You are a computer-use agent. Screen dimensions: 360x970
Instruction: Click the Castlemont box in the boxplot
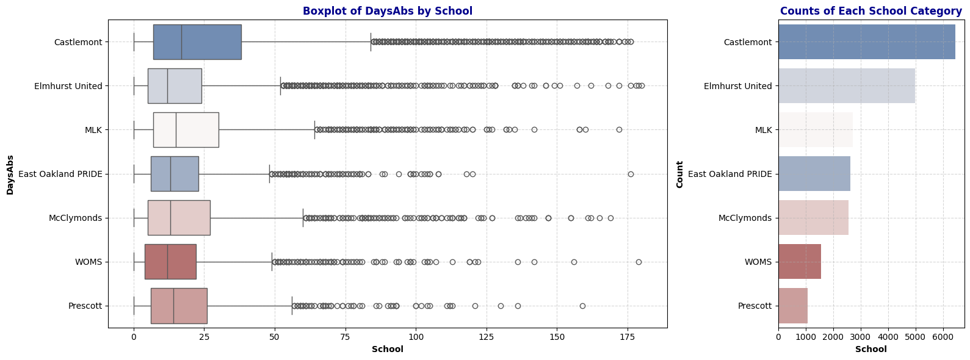coord(197,42)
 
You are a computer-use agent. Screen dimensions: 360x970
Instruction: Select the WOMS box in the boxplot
coord(170,262)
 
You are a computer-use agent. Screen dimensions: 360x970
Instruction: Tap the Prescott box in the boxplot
coord(179,306)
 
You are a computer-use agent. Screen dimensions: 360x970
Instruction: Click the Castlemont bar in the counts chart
coord(866,42)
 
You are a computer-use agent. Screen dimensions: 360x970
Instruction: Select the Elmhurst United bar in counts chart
coord(846,86)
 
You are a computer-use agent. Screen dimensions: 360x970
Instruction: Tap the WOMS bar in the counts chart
coord(800,262)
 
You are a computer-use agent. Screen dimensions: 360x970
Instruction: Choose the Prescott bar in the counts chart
coord(793,306)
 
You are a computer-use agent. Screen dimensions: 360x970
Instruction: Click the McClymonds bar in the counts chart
coord(813,218)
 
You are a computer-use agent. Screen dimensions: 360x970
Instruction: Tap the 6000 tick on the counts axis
coord(943,337)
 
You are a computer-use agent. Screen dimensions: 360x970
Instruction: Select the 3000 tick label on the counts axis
coord(861,337)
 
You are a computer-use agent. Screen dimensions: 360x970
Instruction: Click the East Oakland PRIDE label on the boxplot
coord(60,174)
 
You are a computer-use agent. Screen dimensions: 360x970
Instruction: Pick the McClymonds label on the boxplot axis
coord(75,218)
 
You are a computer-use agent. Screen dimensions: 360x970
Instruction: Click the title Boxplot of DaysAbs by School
coord(388,11)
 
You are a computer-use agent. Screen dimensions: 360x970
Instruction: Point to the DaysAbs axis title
coord(10,175)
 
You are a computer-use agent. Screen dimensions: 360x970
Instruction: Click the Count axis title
coord(680,175)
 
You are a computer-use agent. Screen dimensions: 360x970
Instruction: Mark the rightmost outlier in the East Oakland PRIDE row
coord(631,174)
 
